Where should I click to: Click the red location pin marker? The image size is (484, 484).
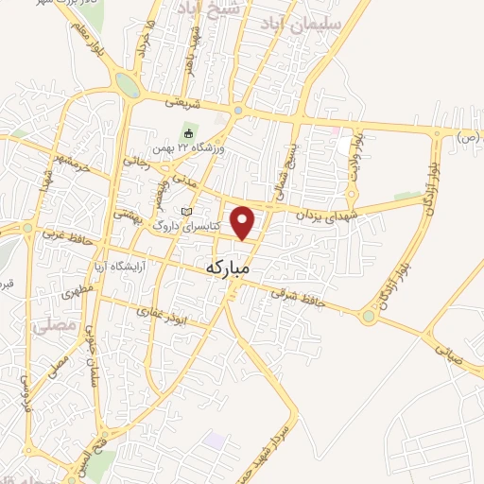(244, 221)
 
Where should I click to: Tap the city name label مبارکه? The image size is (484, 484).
(228, 268)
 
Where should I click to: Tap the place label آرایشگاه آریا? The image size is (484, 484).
(117, 266)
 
